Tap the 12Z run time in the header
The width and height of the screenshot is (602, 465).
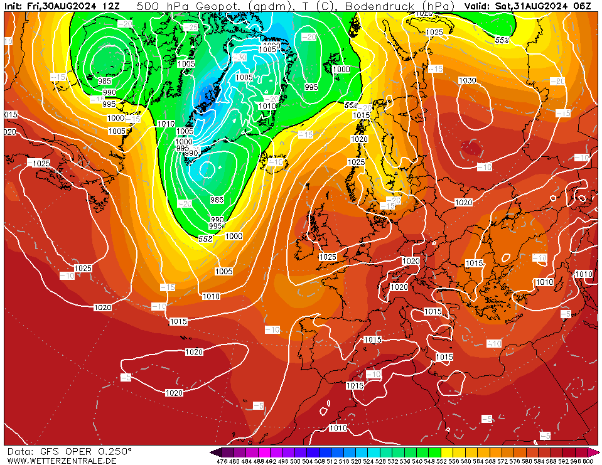(111, 6)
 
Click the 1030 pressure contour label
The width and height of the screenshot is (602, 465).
(467, 80)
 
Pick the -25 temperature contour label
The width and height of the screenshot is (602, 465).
(191, 28)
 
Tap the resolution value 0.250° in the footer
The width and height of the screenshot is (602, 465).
(115, 451)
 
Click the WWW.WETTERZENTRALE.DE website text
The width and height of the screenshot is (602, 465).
(62, 461)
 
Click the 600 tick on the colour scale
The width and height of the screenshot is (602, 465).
(588, 461)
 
